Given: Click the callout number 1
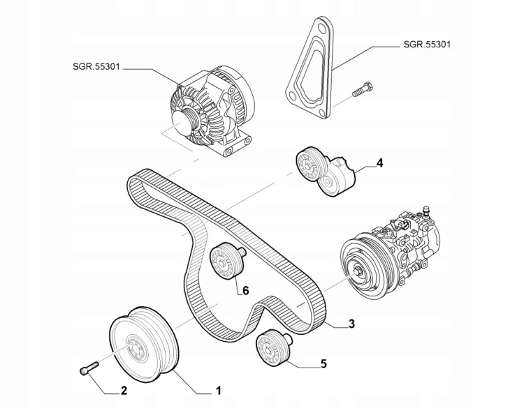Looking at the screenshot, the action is pyautogui.click(x=218, y=391).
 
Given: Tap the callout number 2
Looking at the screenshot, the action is pyautogui.click(x=124, y=391).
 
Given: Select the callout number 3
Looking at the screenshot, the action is pyautogui.click(x=351, y=324).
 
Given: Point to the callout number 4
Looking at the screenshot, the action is pyautogui.click(x=379, y=163).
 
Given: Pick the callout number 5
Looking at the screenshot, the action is pyautogui.click(x=323, y=363).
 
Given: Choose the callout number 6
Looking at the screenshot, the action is pyautogui.click(x=246, y=291).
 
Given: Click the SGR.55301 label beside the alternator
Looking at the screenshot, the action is pyautogui.click(x=96, y=66).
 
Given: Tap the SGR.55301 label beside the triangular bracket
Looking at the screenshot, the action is pyautogui.click(x=427, y=44).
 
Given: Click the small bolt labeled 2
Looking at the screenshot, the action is pyautogui.click(x=88, y=369).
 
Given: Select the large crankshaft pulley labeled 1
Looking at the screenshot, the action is pyautogui.click(x=145, y=345).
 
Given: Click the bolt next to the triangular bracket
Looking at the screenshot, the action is pyautogui.click(x=362, y=89).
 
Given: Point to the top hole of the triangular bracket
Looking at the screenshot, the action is pyautogui.click(x=321, y=24).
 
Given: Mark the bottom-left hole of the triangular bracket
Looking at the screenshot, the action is pyautogui.click(x=293, y=96).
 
